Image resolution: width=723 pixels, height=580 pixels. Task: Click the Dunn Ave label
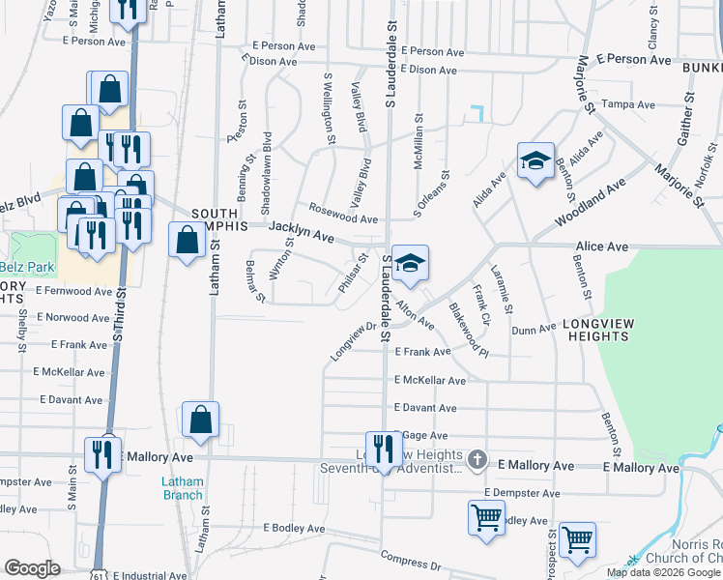point(534,329)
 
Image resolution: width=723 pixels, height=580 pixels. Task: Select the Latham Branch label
point(182,489)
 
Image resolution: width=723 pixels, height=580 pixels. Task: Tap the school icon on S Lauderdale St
point(410,263)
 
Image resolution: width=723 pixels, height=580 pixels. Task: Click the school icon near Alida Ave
point(535,161)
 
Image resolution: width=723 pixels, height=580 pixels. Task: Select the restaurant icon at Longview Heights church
point(385,449)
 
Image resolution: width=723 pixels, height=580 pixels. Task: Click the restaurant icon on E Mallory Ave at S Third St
point(103,453)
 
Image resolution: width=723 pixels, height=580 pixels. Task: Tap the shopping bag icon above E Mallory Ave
point(200,420)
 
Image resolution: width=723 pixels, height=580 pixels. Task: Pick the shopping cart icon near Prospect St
point(577,541)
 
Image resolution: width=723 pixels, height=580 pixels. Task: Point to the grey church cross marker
point(476,460)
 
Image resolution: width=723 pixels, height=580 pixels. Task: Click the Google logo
point(32,568)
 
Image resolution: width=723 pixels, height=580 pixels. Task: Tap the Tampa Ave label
point(622,104)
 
